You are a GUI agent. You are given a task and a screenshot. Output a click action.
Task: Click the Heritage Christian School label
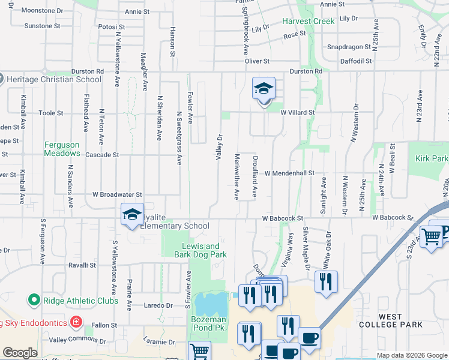tap(55, 79)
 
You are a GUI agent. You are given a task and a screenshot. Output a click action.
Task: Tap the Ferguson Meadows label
tap(62, 149)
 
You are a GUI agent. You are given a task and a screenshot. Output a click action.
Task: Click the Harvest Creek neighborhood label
tap(309, 21)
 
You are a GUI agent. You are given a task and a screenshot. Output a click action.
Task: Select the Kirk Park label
tap(431, 158)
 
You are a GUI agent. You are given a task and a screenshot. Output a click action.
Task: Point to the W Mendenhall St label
tap(289, 173)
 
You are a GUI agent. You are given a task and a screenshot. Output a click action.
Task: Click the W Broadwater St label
tap(116, 194)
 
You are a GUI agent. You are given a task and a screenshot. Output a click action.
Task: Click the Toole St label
tap(50, 113)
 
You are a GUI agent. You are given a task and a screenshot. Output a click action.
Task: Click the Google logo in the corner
tap(20, 353)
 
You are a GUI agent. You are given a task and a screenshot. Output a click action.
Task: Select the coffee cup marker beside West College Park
tap(310, 338)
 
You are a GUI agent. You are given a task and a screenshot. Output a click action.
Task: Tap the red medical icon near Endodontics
tap(76, 322)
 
